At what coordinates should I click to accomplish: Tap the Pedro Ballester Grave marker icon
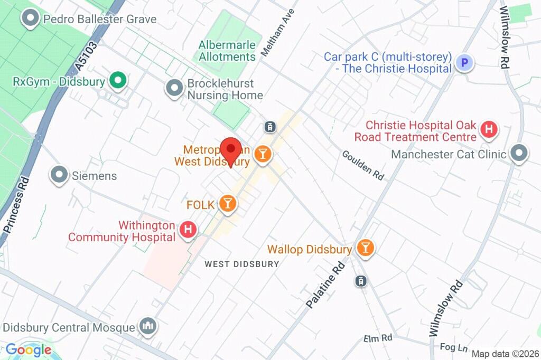[x=31, y=19]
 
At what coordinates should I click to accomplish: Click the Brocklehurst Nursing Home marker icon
[x=173, y=88]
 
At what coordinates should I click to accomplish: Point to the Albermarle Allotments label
[x=227, y=51]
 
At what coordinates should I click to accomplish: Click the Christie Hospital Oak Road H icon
[x=489, y=128]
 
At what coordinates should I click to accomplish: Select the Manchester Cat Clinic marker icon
[x=520, y=154]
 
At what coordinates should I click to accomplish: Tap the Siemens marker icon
[x=59, y=175]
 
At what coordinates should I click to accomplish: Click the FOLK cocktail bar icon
[x=227, y=203]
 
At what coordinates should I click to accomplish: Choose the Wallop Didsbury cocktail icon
[x=365, y=248]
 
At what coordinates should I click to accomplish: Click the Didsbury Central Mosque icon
[x=147, y=326]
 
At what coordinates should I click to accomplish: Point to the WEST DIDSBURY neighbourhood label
[x=241, y=264]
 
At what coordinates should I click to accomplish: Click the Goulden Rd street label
[x=363, y=165]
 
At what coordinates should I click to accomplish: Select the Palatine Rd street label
[x=325, y=285]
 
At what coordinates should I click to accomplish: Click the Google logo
[x=29, y=349]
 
